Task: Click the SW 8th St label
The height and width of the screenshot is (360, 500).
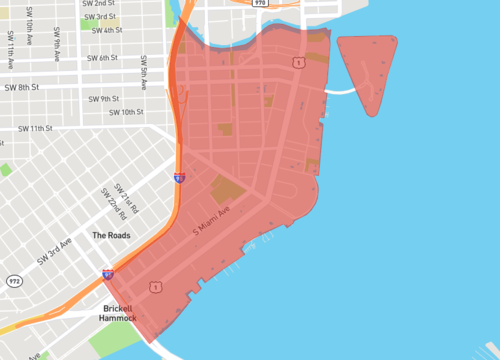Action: click(x=23, y=88)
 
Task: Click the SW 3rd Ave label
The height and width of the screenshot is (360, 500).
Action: click(x=56, y=251)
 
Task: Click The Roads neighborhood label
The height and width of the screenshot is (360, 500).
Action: click(x=111, y=235)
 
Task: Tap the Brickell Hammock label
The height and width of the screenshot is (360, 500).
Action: click(x=124, y=313)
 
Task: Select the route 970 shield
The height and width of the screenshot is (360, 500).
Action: click(x=261, y=3)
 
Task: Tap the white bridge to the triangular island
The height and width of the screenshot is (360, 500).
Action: click(x=342, y=91)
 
